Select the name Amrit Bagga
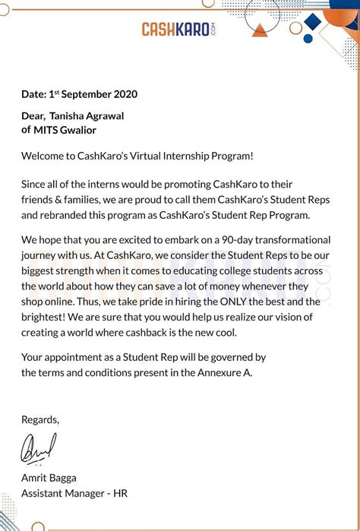49,477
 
